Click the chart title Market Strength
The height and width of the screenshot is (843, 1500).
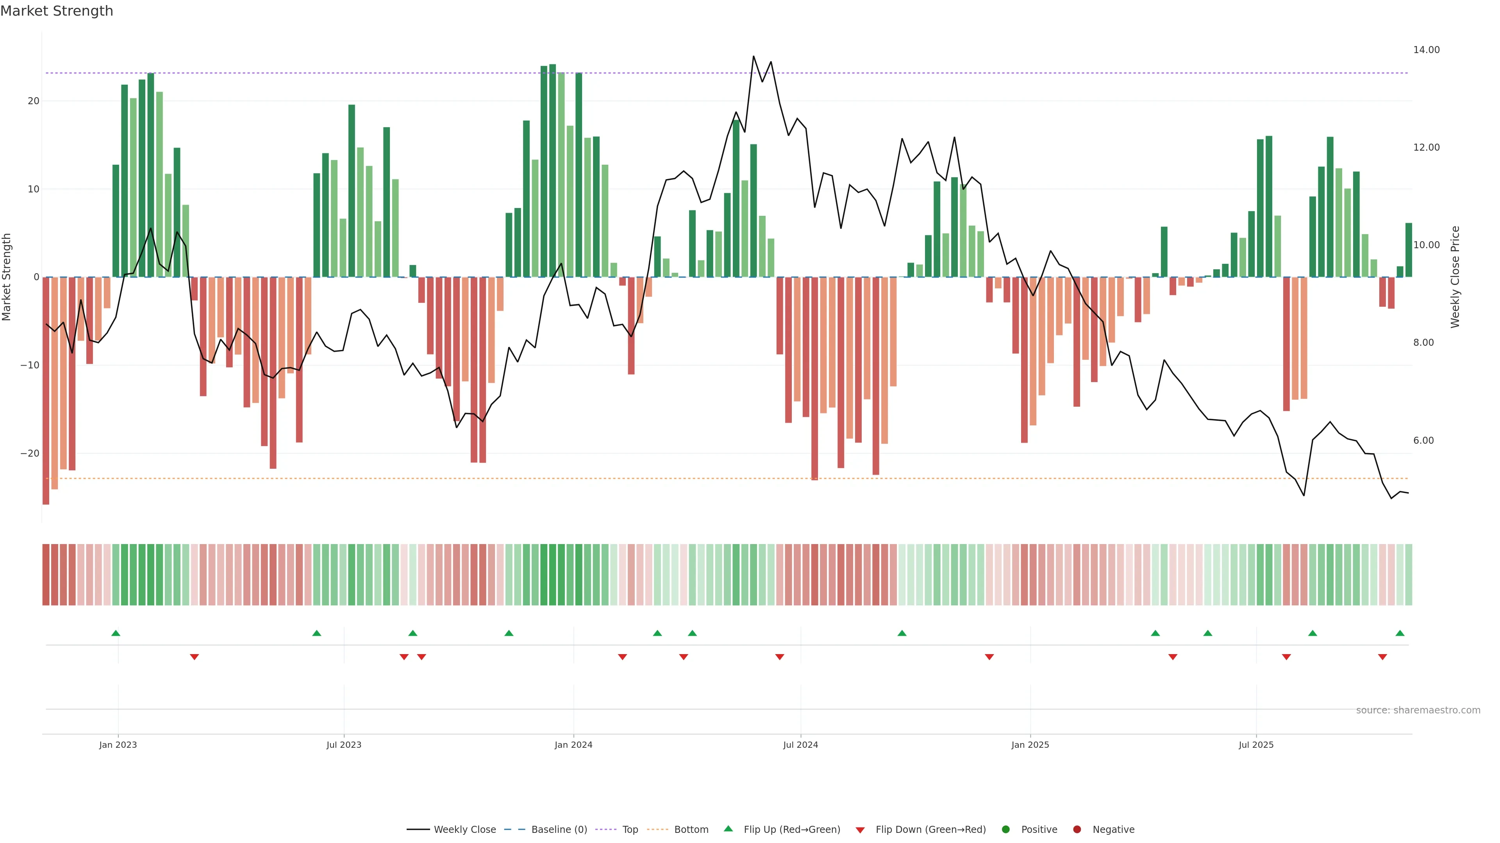pos(57,11)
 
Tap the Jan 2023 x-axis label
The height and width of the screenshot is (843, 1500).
pos(118,745)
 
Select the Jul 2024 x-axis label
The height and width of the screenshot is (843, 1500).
pos(800,745)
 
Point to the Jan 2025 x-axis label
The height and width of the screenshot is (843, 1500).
pos(1030,745)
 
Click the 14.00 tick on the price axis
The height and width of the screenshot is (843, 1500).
pos(1426,50)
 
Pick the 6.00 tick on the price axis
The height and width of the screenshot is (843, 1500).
pos(1423,440)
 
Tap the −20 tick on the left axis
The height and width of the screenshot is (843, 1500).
pos(30,453)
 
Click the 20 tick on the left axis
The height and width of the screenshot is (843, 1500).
pos(33,101)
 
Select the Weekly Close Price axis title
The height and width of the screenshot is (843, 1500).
pos(1455,277)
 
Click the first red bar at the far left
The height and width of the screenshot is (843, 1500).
pos(46,390)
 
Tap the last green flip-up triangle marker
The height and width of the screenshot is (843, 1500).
pos(1400,633)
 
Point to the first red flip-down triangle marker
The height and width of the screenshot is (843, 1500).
pos(195,657)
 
